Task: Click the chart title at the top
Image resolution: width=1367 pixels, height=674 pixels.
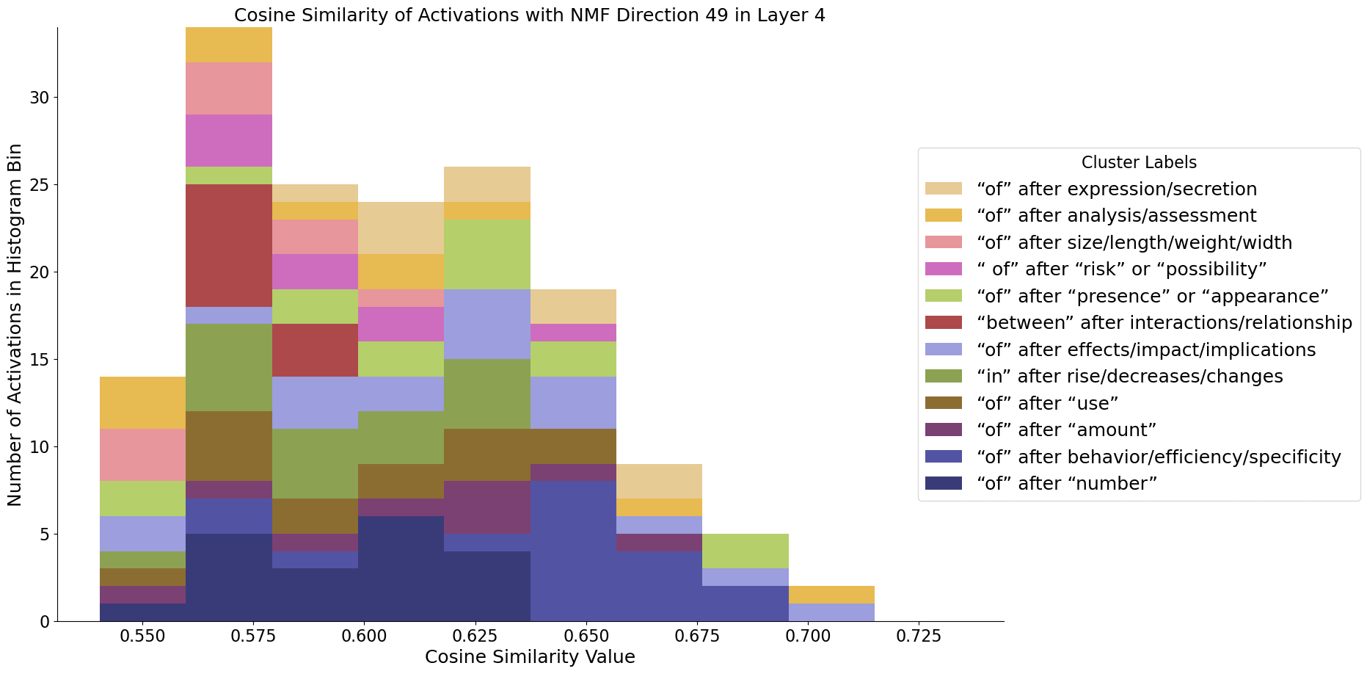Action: [530, 15]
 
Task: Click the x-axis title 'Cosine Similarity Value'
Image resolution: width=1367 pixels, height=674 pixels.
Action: [530, 656]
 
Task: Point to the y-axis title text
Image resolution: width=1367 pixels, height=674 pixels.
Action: [15, 325]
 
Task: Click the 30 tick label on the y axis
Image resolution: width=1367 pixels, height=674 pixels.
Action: [40, 98]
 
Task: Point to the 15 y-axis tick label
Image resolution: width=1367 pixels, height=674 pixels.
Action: [40, 360]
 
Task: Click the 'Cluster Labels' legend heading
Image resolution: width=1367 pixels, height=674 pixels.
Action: [1139, 162]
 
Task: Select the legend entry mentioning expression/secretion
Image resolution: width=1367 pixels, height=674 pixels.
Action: [1117, 189]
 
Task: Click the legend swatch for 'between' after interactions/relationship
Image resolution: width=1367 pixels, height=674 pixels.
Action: [943, 322]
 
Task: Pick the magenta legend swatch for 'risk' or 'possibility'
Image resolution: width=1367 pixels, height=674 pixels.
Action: [943, 269]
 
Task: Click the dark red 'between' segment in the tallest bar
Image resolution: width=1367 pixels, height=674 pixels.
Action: [229, 245]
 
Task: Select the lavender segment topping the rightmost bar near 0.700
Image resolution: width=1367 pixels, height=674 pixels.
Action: [831, 612]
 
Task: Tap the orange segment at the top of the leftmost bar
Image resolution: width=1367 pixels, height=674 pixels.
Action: [142, 402]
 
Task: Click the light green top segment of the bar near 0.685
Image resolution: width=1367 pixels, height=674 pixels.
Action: [746, 551]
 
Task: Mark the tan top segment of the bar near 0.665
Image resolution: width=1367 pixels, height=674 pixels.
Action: [659, 481]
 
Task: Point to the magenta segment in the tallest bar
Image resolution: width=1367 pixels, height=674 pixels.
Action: [229, 140]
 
